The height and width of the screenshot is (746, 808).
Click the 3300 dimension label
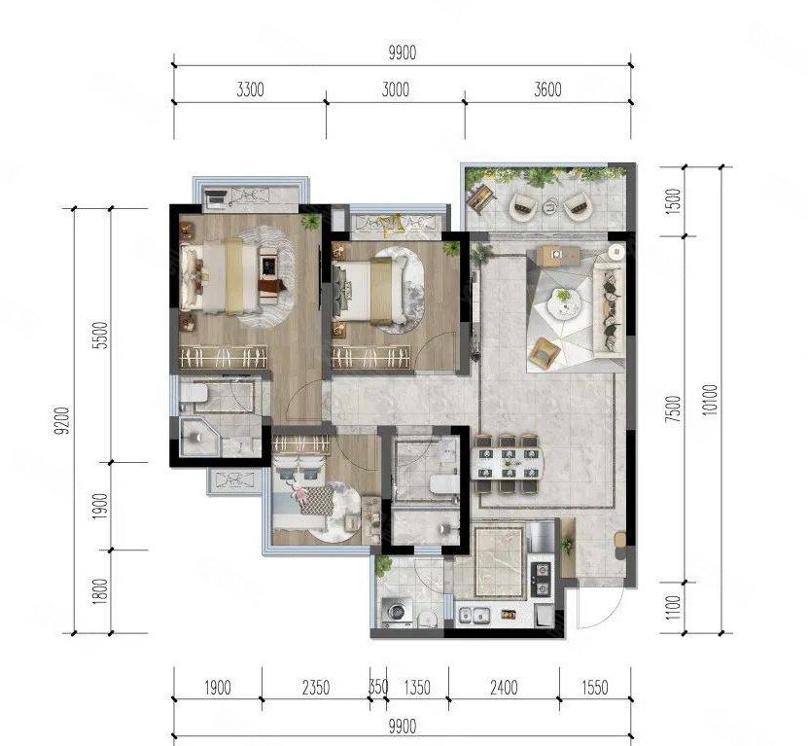250,89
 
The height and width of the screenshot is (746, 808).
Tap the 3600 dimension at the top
547,89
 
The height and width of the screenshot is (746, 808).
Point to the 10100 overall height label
710,400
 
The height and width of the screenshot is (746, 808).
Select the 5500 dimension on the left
101,336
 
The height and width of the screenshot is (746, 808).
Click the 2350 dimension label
315,688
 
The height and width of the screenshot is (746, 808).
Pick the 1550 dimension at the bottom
595,688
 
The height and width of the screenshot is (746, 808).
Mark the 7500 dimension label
673,409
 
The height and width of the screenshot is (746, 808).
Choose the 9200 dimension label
62,421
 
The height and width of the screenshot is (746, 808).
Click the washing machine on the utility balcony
397,612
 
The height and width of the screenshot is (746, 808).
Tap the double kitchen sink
474,615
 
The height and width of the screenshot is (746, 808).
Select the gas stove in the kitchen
541,579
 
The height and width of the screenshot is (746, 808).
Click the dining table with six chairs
508,463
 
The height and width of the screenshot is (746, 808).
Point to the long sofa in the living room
611,309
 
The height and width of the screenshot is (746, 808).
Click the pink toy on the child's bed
299,494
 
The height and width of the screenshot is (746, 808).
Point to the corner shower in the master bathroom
199,437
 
